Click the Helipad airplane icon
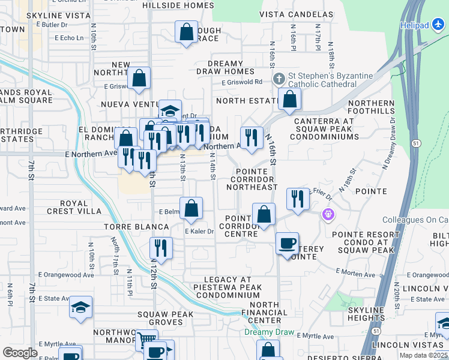click(x=439, y=25)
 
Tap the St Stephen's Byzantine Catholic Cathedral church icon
click(x=279, y=79)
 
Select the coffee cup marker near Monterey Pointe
click(x=288, y=244)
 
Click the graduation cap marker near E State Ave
click(x=80, y=307)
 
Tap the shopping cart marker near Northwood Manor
click(x=146, y=340)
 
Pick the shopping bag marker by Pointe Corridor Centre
click(x=264, y=214)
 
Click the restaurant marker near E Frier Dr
click(x=298, y=199)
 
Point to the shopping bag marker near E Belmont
click(x=191, y=209)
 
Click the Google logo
click(x=20, y=353)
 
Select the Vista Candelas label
click(x=296, y=14)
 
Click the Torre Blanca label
click(x=136, y=227)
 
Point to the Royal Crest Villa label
click(x=74, y=207)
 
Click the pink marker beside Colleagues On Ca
click(x=328, y=214)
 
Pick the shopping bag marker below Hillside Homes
click(x=186, y=32)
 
